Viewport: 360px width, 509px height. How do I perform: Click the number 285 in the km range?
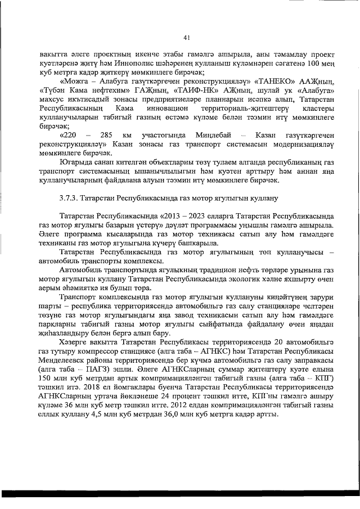tap(106, 136)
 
